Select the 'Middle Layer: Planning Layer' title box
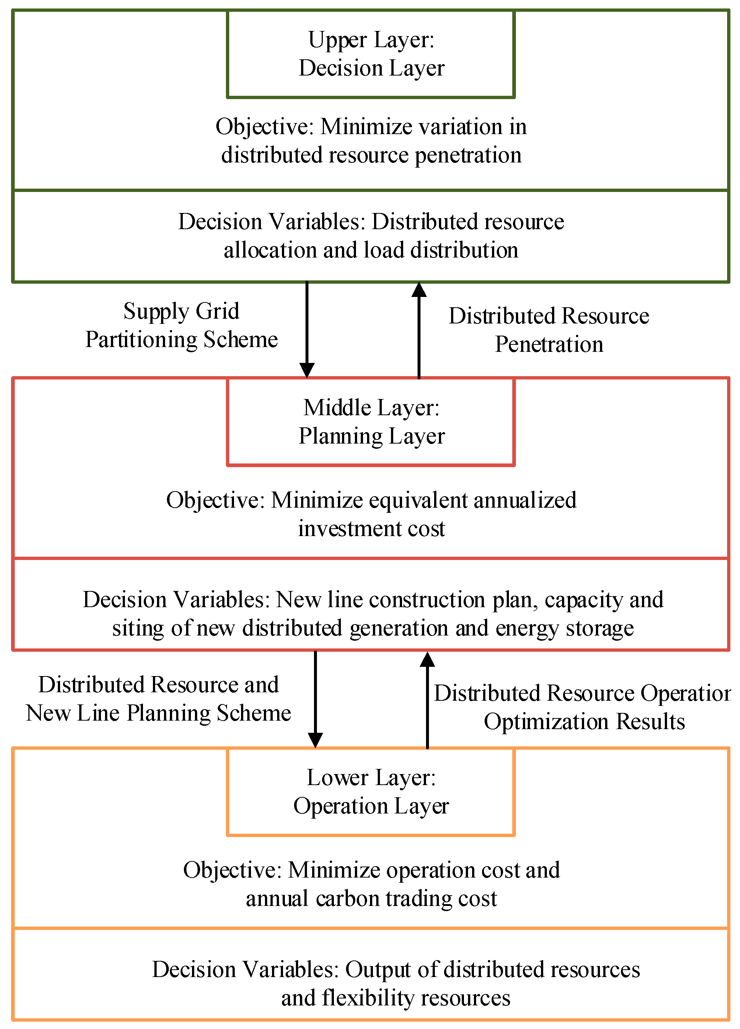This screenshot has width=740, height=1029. pos(371,421)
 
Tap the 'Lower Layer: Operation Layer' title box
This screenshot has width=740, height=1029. pos(371,792)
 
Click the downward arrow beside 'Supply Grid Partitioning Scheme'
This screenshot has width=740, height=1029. pos(307,329)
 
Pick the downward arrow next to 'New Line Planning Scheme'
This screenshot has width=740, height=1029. pos(315,699)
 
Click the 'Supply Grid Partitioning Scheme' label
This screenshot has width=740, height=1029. pos(181,325)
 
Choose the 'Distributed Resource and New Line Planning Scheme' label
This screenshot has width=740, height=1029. pos(158,699)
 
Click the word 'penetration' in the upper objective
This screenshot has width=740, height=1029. pos(468,155)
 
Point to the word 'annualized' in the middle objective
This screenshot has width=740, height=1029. pos(525,500)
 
